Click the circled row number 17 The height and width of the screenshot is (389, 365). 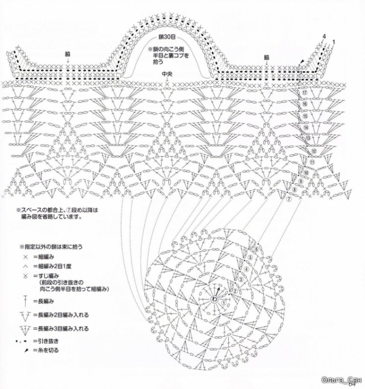(304, 92)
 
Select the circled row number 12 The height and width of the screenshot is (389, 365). (313, 151)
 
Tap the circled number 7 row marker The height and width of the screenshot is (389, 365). (288, 198)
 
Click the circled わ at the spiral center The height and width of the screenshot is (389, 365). (214, 298)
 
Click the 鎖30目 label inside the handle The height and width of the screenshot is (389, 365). (166, 37)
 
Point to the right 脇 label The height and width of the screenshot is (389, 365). (267, 57)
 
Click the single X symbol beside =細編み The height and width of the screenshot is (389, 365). (25, 257)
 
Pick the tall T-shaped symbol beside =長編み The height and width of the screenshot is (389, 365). (25, 301)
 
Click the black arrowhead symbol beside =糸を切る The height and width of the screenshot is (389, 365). (26, 350)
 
